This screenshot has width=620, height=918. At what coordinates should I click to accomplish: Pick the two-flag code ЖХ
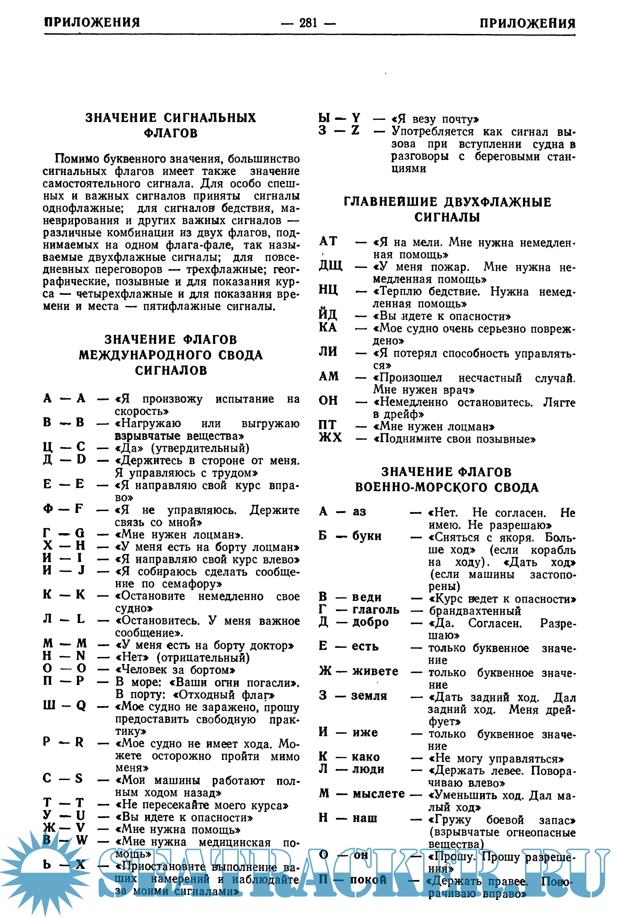[x=330, y=438]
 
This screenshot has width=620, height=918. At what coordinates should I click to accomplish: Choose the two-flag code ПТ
[x=328, y=425]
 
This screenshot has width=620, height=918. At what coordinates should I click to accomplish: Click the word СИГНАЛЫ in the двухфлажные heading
[x=447, y=217]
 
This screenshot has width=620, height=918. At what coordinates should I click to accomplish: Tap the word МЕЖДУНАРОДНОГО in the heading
[x=146, y=355]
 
